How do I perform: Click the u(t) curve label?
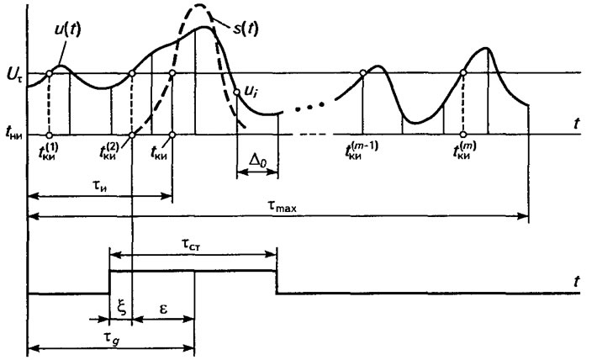tap(68, 29)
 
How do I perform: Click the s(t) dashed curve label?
tap(246, 29)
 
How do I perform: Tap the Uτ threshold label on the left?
tap(14, 74)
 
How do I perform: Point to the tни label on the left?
tap(13, 134)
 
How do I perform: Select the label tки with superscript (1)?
tap(50, 151)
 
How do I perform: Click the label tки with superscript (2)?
tap(108, 151)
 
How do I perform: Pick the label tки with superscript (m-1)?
tap(362, 151)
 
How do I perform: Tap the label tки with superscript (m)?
tap(464, 151)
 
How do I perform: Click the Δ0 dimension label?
tap(258, 161)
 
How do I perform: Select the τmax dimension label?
tap(282, 206)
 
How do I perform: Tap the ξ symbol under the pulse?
tap(121, 309)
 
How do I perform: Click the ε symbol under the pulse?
tap(163, 310)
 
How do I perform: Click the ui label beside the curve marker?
tap(251, 93)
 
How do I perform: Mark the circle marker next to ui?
tap(236, 93)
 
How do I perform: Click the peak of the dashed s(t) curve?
tap(199, 4)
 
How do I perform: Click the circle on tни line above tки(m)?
tap(463, 135)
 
